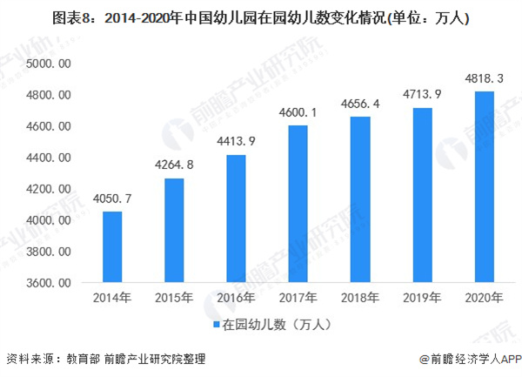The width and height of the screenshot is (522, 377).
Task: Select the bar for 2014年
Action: point(112,247)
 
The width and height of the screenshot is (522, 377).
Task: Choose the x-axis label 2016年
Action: point(238,299)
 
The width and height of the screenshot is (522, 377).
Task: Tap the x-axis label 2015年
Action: point(175,299)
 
